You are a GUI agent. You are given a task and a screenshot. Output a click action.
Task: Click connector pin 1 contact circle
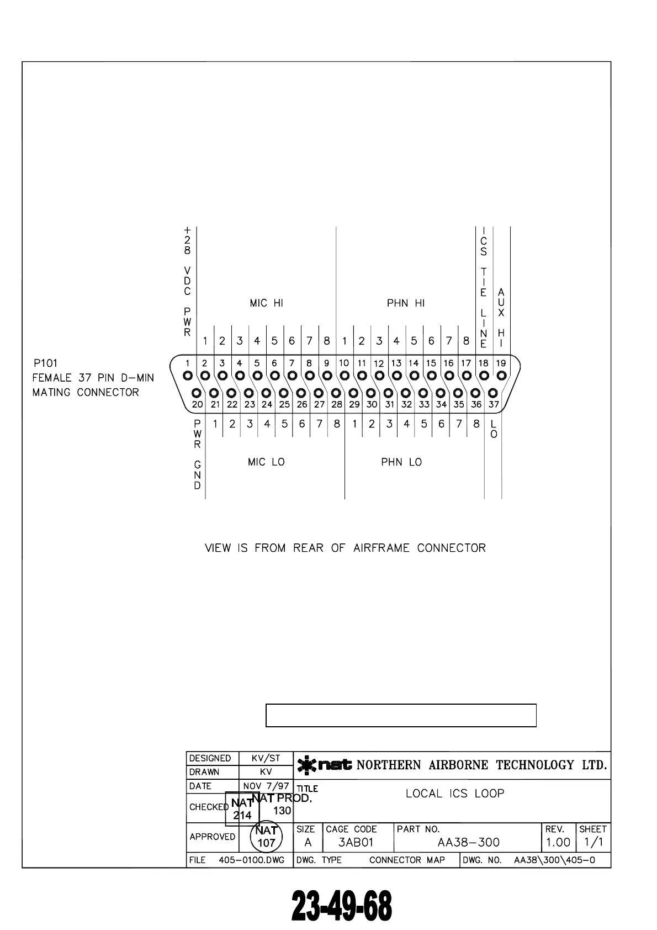click(x=188, y=376)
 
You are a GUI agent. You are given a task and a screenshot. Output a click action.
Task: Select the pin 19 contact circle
click(x=501, y=376)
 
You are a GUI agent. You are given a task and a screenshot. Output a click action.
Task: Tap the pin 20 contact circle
click(x=197, y=393)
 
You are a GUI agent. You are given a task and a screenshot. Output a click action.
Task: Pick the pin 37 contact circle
click(x=493, y=393)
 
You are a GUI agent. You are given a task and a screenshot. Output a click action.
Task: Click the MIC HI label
click(x=266, y=303)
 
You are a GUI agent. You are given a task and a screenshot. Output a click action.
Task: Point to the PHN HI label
click(x=406, y=303)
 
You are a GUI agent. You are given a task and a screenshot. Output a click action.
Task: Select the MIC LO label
click(x=266, y=462)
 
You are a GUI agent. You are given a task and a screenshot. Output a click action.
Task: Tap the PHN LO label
click(x=401, y=462)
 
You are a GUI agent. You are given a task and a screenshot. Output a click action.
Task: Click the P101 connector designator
click(x=45, y=363)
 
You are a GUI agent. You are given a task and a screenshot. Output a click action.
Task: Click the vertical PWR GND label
click(x=198, y=455)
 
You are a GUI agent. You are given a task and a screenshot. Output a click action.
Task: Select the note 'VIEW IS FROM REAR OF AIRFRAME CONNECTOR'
click(x=345, y=548)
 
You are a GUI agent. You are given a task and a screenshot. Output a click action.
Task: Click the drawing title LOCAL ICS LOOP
click(x=455, y=794)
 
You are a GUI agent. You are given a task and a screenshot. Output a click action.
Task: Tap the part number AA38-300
click(x=468, y=843)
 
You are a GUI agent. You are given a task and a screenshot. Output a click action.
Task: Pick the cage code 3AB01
click(x=356, y=843)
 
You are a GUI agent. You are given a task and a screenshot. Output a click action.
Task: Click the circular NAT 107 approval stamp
click(x=266, y=837)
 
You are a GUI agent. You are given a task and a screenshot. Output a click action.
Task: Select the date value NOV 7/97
click(x=266, y=786)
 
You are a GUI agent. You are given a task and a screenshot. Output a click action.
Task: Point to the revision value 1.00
click(x=558, y=843)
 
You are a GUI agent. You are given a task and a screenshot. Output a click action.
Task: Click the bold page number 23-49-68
click(x=342, y=906)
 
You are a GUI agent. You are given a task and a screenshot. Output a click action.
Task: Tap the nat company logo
click(x=325, y=765)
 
